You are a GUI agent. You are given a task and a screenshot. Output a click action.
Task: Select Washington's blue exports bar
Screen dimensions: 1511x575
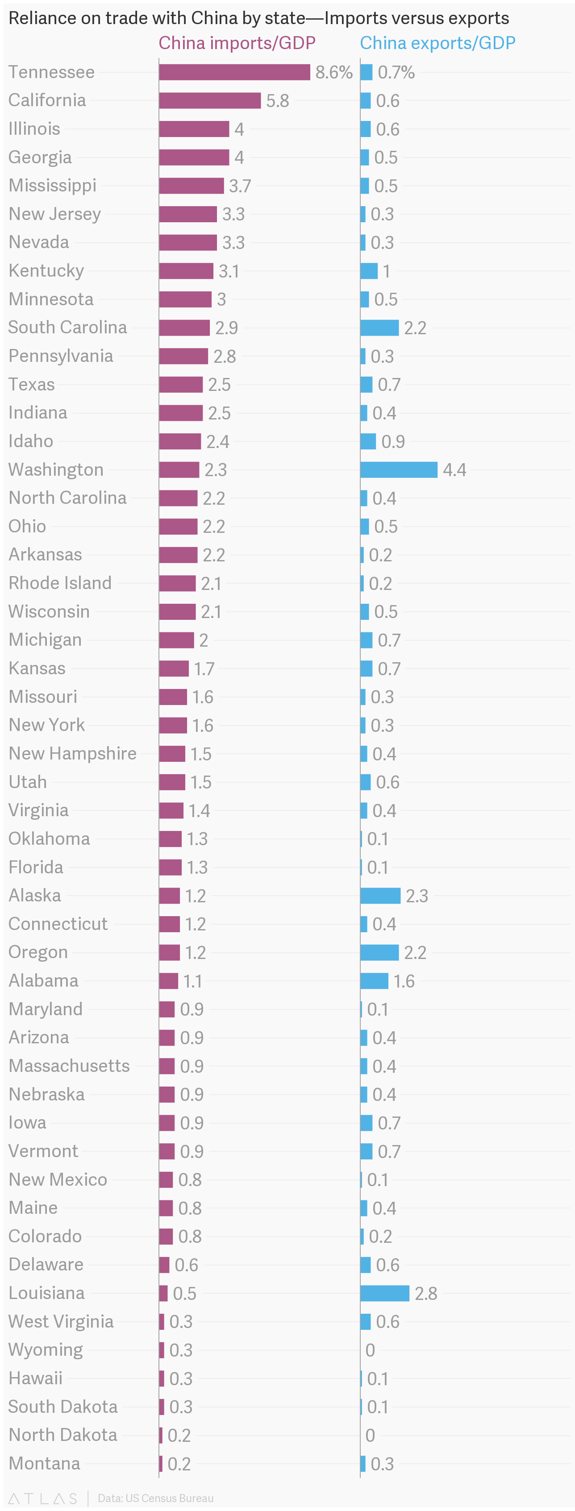(x=399, y=469)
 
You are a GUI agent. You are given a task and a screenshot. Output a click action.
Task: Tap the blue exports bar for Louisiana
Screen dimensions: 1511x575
(x=385, y=1293)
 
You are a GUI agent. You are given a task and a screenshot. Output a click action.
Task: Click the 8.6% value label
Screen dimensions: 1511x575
(x=334, y=72)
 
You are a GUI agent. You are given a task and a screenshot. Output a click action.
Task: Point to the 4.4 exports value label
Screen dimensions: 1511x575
(x=455, y=470)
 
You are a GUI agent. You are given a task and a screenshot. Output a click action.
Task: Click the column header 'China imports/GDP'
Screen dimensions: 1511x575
(x=237, y=43)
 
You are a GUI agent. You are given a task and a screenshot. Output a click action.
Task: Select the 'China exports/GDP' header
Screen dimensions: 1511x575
(x=437, y=43)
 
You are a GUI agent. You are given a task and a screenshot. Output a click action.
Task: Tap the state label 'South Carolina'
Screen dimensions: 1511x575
(x=67, y=327)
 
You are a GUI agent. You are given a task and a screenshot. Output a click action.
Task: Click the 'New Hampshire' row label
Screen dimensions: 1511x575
(x=73, y=753)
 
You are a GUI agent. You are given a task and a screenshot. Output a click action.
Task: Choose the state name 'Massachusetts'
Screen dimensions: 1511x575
(x=69, y=1065)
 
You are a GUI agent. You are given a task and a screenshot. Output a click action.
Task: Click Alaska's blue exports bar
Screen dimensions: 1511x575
(x=380, y=896)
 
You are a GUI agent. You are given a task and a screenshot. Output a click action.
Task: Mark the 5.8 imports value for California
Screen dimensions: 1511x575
(x=278, y=101)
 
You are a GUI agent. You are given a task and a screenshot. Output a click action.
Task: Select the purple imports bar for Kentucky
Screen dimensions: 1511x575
(x=186, y=271)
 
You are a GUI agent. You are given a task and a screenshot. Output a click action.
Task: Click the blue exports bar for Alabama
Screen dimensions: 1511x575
(x=375, y=981)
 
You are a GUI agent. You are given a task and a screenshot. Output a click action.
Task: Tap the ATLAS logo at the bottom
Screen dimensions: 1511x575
(x=43, y=1498)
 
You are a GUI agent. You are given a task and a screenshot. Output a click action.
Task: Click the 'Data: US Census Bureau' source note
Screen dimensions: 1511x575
(x=155, y=1498)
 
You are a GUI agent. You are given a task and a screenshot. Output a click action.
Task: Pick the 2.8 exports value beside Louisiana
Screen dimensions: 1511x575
(x=426, y=1293)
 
